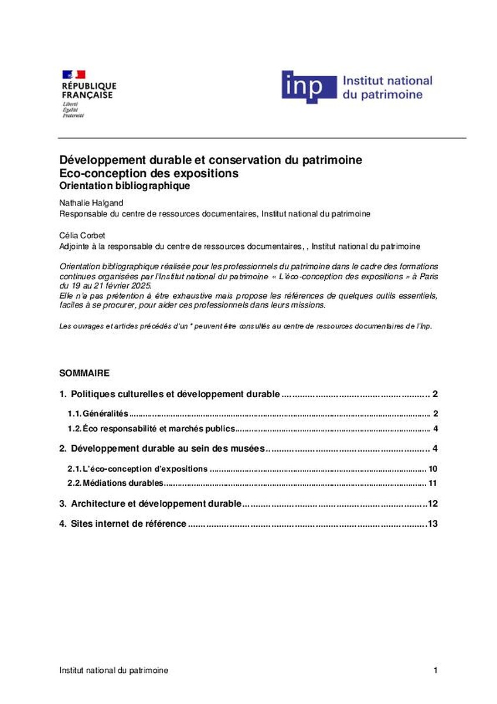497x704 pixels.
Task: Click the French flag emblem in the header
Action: point(74,75)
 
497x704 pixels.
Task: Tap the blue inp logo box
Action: point(309,87)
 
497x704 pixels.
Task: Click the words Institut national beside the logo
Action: point(387,80)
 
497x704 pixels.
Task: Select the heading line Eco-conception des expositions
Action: point(149,174)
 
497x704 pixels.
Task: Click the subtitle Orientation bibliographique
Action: point(125,186)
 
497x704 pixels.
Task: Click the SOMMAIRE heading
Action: point(84,373)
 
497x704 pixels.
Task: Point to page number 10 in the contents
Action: point(433,469)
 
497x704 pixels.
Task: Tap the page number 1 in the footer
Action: point(435,670)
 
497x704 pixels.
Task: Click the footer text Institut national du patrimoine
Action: point(114,670)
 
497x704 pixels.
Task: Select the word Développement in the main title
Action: point(96,160)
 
